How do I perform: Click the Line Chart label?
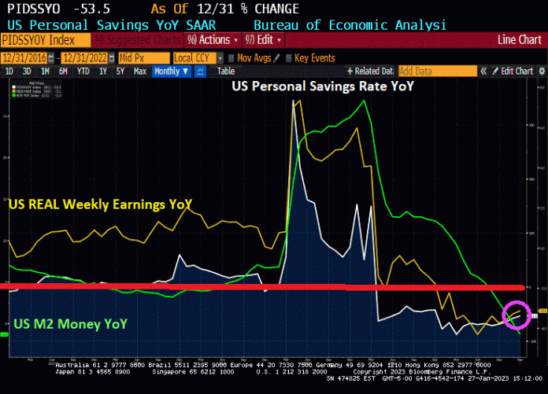click(520, 40)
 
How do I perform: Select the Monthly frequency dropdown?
click(171, 71)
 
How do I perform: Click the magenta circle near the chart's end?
click(516, 315)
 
